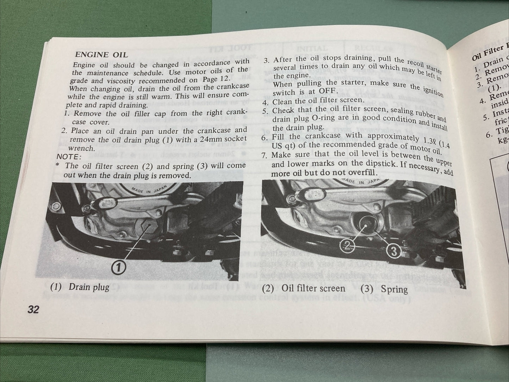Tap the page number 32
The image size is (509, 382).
[x=33, y=310]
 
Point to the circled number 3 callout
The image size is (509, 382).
[x=394, y=251]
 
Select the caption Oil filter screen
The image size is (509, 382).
[x=313, y=288]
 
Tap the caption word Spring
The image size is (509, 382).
[x=394, y=290]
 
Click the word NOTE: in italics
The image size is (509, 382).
[x=69, y=157]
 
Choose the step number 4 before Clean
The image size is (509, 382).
[x=266, y=102]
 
